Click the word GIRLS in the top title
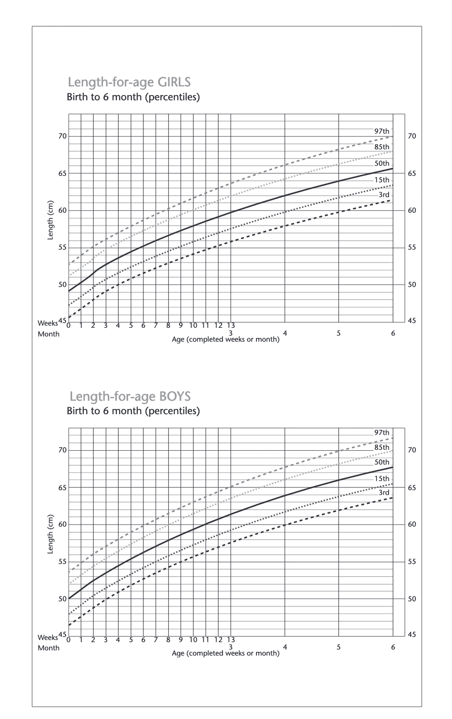click(x=174, y=82)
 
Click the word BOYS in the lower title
click(x=175, y=396)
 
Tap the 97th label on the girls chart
click(x=382, y=131)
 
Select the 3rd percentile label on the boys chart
click(x=384, y=493)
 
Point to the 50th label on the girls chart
click(x=382, y=163)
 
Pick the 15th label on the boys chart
click(x=382, y=478)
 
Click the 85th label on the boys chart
click(x=382, y=448)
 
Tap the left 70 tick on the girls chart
click(x=63, y=136)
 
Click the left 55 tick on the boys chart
click(x=63, y=562)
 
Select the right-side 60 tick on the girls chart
click(x=412, y=211)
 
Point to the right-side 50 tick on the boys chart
click(x=412, y=599)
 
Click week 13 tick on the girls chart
click(x=231, y=326)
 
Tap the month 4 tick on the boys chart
click(x=285, y=647)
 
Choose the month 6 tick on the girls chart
click(x=393, y=333)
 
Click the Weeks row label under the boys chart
click(x=48, y=637)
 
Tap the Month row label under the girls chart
click(x=49, y=334)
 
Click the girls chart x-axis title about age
click(x=226, y=339)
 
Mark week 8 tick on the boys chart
click(x=168, y=640)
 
